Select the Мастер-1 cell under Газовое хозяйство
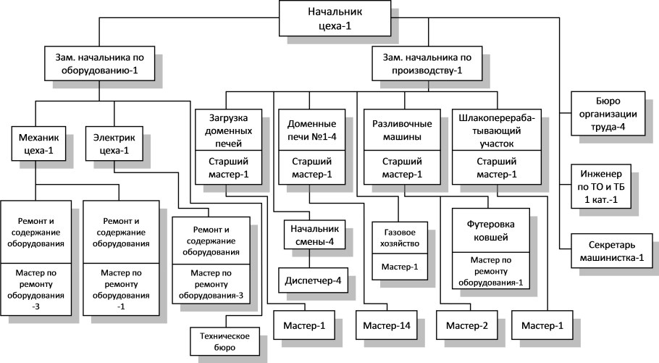[x=396, y=267]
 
